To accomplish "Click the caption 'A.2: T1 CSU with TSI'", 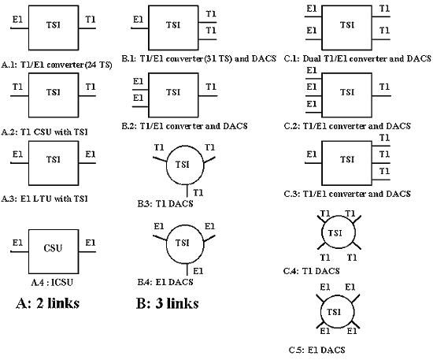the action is coord(44,132).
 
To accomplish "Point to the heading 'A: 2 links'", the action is coord(48,303).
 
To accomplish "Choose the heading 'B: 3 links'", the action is coord(168,303).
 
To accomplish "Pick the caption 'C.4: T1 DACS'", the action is coord(312,271).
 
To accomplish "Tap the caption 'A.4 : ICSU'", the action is coord(52,282).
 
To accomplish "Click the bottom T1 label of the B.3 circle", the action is coord(198,192).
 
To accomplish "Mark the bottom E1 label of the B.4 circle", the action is coord(198,271).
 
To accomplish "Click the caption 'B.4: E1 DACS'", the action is coord(165,282).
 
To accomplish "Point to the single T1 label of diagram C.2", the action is coord(384,87).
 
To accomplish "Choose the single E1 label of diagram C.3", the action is coord(312,154).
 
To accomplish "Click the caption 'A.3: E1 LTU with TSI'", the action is coord(44,199).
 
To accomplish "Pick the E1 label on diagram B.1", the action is coord(138,20).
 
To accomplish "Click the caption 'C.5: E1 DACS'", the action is coord(317,350).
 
